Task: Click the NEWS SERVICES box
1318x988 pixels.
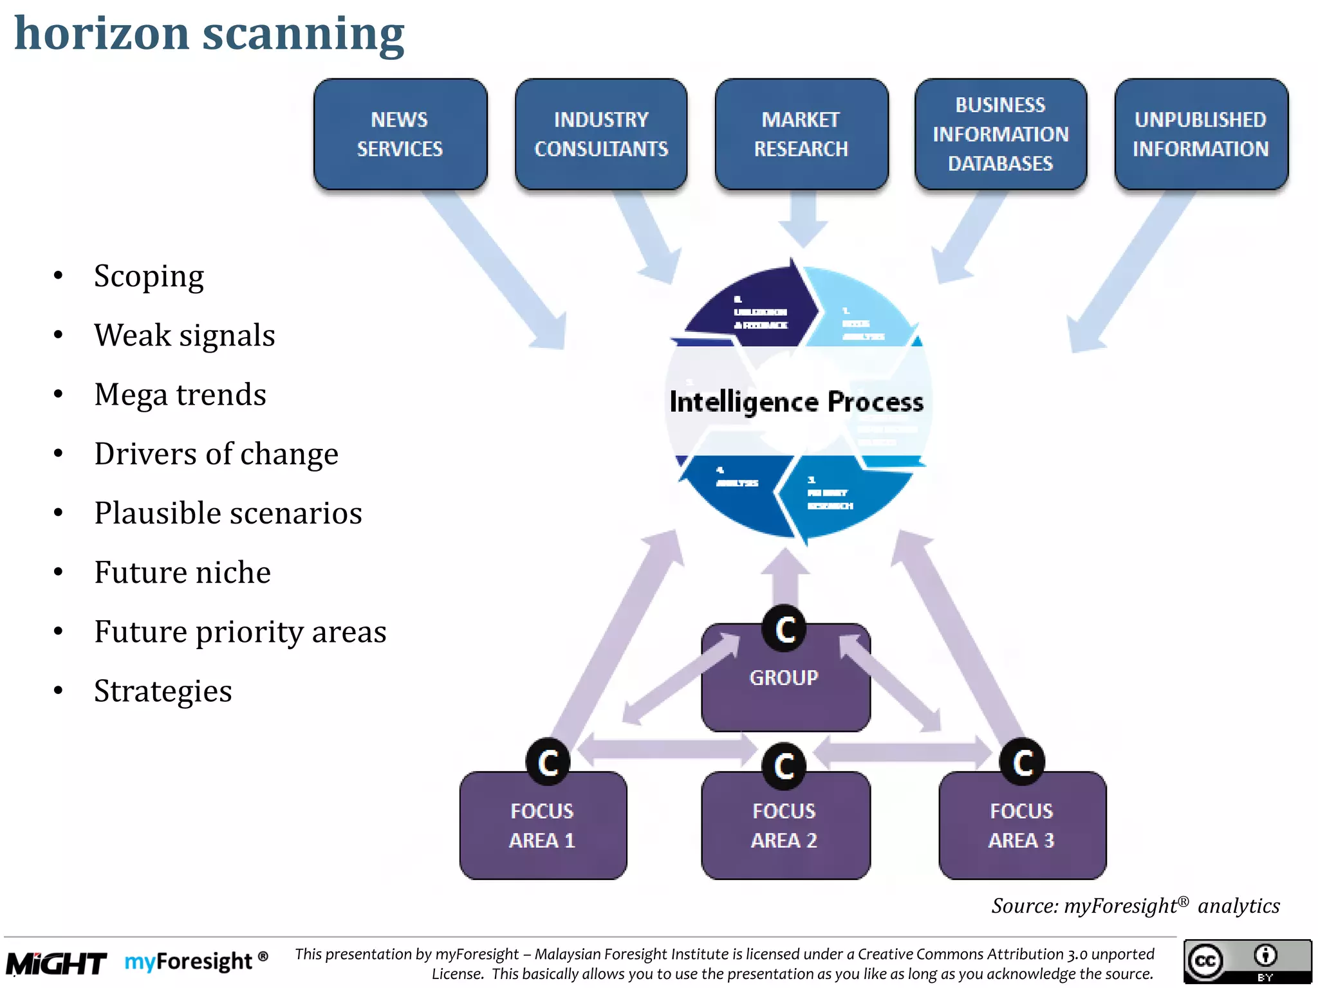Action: tap(400, 134)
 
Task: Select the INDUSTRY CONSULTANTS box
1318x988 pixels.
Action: tap(600, 134)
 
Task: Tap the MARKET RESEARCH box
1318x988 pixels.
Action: tap(801, 134)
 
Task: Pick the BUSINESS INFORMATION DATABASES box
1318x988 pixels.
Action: tap(1000, 134)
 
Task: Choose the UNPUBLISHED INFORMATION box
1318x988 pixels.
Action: tap(1200, 134)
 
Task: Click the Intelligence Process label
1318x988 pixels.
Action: tap(796, 402)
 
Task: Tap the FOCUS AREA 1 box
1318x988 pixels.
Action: tap(543, 827)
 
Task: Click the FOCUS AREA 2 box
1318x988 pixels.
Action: tap(784, 827)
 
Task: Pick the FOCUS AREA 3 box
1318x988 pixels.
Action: tap(1021, 827)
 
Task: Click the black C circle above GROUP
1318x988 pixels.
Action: tap(784, 628)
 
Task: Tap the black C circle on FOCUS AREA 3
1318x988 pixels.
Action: tap(1022, 762)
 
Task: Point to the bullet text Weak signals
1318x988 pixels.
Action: tap(184, 335)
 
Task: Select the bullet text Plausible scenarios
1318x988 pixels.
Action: tap(228, 513)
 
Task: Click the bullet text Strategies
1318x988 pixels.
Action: tap(163, 691)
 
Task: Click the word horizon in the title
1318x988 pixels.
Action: tap(102, 33)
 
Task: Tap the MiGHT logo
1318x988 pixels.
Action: tap(56, 963)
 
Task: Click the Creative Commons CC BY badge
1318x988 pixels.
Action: tap(1247, 961)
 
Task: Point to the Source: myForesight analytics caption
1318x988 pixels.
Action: tap(1135, 906)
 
